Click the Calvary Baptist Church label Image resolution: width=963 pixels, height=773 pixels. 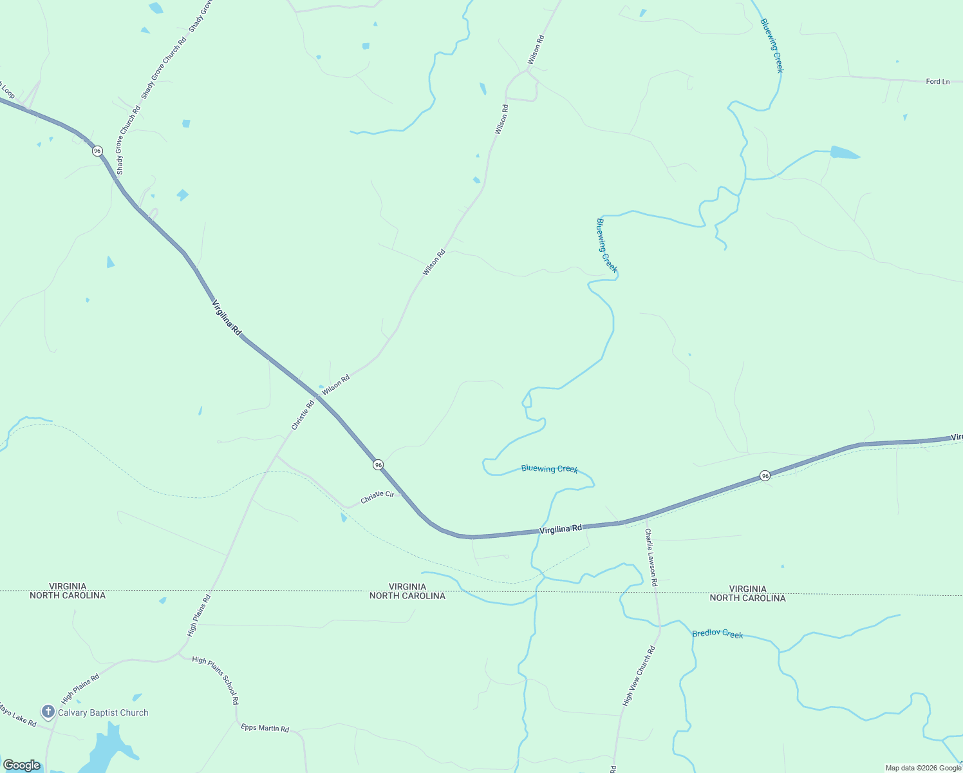(103, 712)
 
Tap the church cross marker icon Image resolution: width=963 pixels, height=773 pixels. (48, 712)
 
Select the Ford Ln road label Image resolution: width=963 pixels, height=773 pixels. (937, 82)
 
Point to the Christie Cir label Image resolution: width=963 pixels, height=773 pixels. (377, 497)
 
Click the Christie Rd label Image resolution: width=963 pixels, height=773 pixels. (303, 415)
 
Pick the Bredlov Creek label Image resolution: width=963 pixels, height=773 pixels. (717, 634)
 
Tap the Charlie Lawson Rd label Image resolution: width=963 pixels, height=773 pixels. (651, 557)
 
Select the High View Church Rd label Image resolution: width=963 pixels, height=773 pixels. (639, 676)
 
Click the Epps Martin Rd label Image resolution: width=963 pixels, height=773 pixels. (265, 728)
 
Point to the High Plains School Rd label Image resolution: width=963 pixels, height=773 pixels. (216, 680)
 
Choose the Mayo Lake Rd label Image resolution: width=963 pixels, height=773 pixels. (17, 715)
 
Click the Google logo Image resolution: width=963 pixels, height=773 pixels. (21, 765)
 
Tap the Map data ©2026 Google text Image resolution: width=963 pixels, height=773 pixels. (923, 768)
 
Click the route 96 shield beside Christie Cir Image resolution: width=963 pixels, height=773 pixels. (378, 464)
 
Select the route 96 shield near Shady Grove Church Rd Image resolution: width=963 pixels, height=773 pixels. (97, 151)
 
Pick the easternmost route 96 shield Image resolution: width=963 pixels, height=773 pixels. (765, 475)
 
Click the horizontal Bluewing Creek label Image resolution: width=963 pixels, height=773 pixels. (550, 469)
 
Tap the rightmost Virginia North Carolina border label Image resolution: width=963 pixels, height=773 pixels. (747, 593)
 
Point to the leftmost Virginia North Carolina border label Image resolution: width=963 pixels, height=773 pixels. (68, 591)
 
